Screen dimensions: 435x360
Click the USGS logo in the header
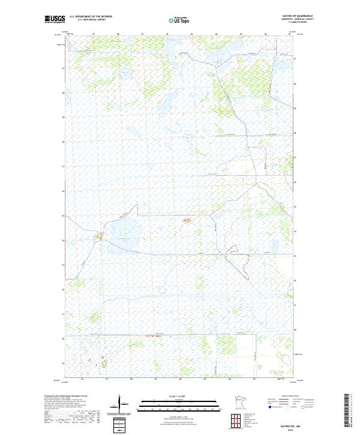click(x=55, y=20)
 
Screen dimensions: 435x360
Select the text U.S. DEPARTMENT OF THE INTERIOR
click(x=91, y=17)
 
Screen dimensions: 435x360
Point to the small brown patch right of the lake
click(x=185, y=221)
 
